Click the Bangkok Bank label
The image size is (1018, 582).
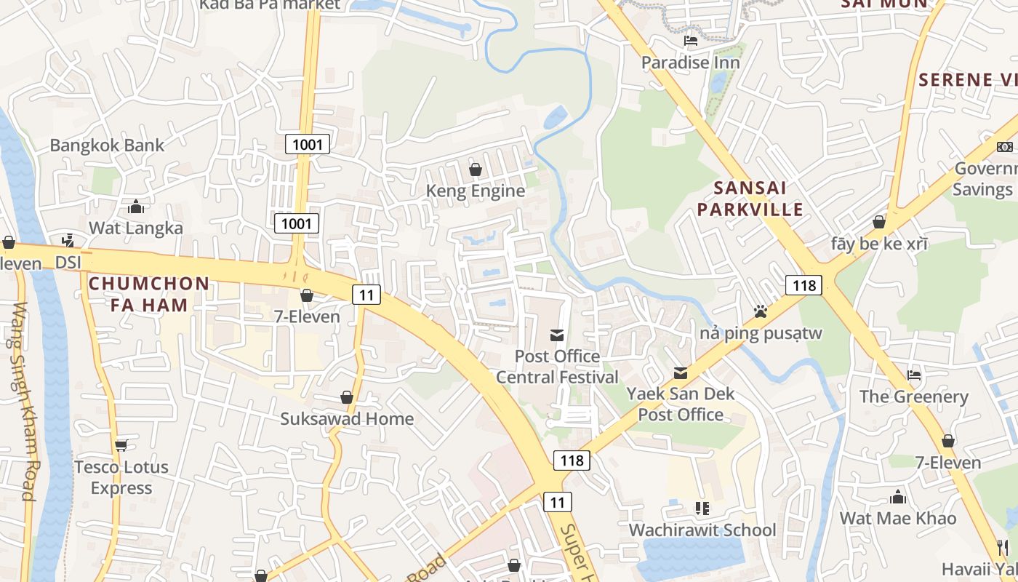pyautogui.click(x=107, y=145)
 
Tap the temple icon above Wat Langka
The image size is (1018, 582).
pyautogui.click(x=135, y=207)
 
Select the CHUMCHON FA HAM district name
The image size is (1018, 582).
pyautogui.click(x=149, y=293)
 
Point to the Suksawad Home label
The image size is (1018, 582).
pyautogui.click(x=347, y=418)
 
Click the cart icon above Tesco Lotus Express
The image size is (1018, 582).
pyautogui.click(x=121, y=445)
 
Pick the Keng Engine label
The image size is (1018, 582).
pyautogui.click(x=475, y=191)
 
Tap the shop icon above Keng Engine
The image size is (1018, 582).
pyautogui.click(x=475, y=170)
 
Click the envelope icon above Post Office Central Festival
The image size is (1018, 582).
pyautogui.click(x=557, y=335)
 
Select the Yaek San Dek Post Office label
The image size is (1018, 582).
pyautogui.click(x=681, y=404)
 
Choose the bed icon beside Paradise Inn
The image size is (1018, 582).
pyautogui.click(x=691, y=41)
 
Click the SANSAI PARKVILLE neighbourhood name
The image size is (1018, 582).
pyautogui.click(x=750, y=199)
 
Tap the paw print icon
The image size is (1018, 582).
pyautogui.click(x=761, y=312)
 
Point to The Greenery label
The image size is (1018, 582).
pyautogui.click(x=913, y=396)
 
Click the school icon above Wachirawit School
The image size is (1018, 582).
pyautogui.click(x=702, y=508)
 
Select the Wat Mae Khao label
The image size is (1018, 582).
pyautogui.click(x=897, y=518)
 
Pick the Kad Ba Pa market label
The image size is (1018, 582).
pyautogui.click(x=269, y=4)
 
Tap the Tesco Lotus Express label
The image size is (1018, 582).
pyautogui.click(x=121, y=477)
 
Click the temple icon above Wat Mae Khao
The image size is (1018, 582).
pyautogui.click(x=898, y=497)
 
